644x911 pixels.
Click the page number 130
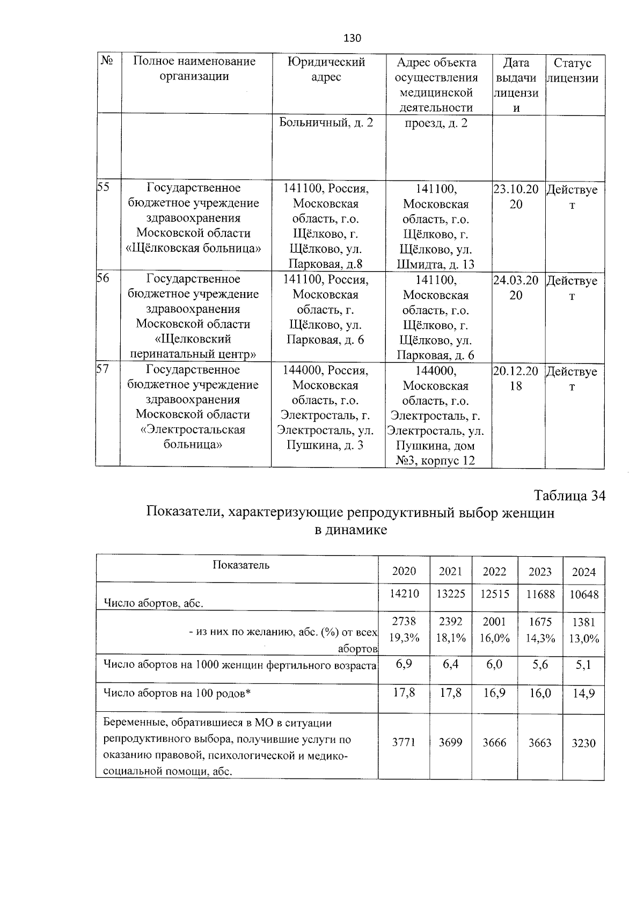[x=352, y=39]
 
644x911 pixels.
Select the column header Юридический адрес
[x=326, y=70]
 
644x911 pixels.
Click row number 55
[x=103, y=187]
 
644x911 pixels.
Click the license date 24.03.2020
[x=516, y=288]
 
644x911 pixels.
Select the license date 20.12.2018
[x=516, y=378]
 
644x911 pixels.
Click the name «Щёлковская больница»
[x=193, y=249]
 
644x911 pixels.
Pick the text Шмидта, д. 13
[x=436, y=264]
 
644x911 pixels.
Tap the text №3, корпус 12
[x=435, y=461]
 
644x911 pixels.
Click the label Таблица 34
[x=569, y=496]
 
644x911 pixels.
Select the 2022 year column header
[x=494, y=572]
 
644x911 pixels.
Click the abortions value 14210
[x=404, y=594]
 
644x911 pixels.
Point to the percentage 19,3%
[x=404, y=638]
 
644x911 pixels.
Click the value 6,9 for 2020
[x=404, y=665]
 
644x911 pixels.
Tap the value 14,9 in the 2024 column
[x=584, y=693]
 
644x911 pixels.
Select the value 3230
[x=584, y=744]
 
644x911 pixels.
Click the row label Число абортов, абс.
[x=153, y=603]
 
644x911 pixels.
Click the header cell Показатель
[x=241, y=565]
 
